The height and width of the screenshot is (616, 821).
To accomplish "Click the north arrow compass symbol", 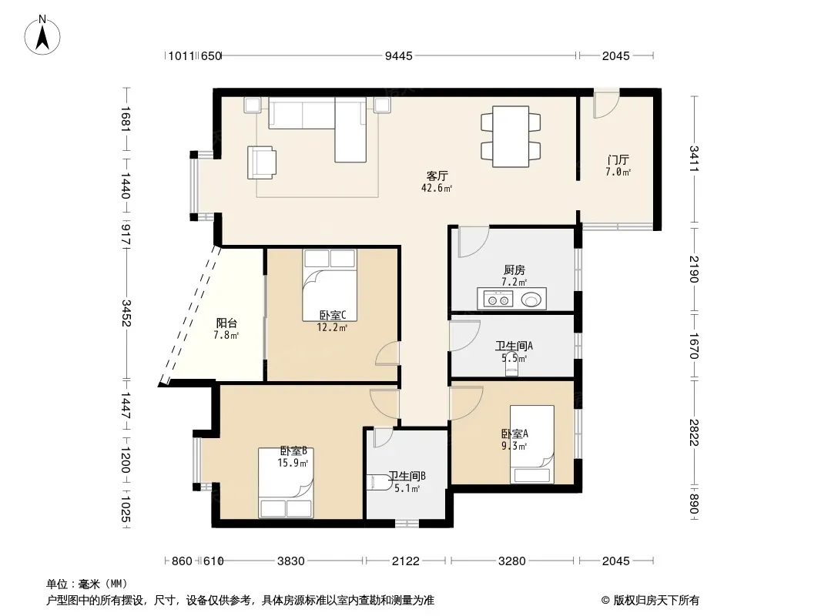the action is [x=42, y=35].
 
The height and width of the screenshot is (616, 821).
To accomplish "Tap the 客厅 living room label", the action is [x=437, y=176].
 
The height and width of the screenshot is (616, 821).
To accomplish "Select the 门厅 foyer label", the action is [x=618, y=159].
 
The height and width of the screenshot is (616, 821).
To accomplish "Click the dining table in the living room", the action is [x=511, y=136].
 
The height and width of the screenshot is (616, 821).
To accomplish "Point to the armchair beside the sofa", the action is [x=262, y=162].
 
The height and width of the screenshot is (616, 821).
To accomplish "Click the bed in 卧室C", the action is [x=330, y=285].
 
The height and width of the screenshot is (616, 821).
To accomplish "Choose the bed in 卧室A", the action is [x=532, y=444].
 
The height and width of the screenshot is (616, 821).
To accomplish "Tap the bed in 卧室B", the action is [x=286, y=483].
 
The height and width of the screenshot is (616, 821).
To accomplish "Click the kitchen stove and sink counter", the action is [x=511, y=298].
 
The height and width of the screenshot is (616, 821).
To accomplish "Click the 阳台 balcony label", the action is [x=226, y=323].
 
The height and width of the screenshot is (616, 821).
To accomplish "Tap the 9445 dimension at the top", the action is [x=399, y=55].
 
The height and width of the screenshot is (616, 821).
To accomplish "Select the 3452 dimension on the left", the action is [x=126, y=313].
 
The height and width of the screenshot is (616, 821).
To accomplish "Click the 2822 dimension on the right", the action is [x=694, y=432].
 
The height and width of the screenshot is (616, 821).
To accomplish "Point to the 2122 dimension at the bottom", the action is [x=406, y=561].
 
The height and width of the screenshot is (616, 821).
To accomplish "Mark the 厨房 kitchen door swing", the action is [x=474, y=241].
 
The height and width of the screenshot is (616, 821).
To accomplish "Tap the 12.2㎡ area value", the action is [x=332, y=328].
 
